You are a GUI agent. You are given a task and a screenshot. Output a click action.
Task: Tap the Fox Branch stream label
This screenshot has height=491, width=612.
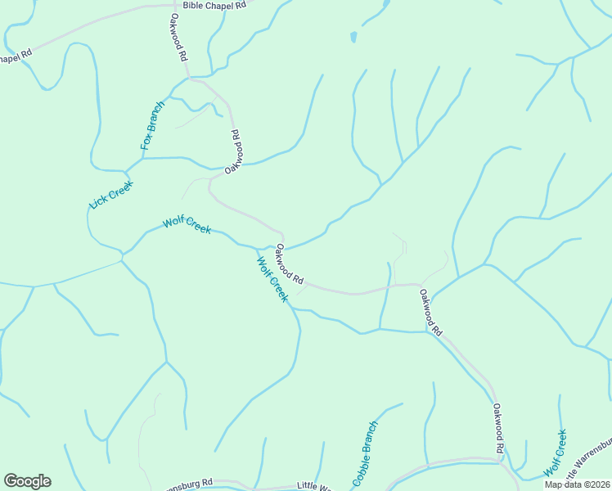click(152, 125)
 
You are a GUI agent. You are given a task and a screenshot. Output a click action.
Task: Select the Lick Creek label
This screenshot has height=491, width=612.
click(111, 194)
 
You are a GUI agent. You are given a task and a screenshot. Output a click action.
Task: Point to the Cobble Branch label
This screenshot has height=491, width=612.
click(366, 453)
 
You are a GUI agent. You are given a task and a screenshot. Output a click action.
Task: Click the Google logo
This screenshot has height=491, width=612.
click(27, 481)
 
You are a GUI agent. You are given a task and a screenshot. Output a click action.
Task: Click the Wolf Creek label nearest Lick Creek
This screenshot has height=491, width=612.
click(187, 224)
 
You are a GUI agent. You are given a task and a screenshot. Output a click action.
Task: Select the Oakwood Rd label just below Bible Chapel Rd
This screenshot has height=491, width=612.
click(180, 37)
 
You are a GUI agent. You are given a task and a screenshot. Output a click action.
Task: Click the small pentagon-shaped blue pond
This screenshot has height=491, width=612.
click(353, 37)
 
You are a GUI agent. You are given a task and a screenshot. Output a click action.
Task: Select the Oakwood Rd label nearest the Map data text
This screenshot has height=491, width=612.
click(498, 427)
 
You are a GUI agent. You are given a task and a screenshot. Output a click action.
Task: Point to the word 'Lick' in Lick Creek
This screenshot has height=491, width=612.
click(99, 201)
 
